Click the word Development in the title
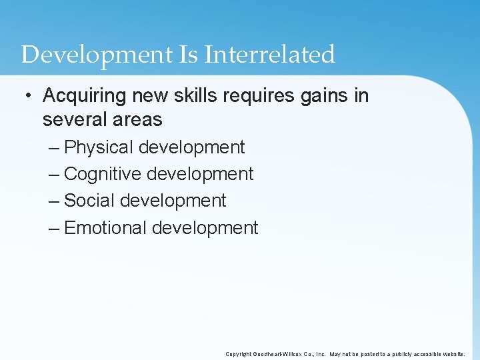(97, 55)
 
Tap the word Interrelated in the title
(270, 55)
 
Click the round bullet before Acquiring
(26, 96)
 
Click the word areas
(139, 120)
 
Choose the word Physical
(98, 147)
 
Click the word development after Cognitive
(200, 174)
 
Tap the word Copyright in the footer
(239, 354)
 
